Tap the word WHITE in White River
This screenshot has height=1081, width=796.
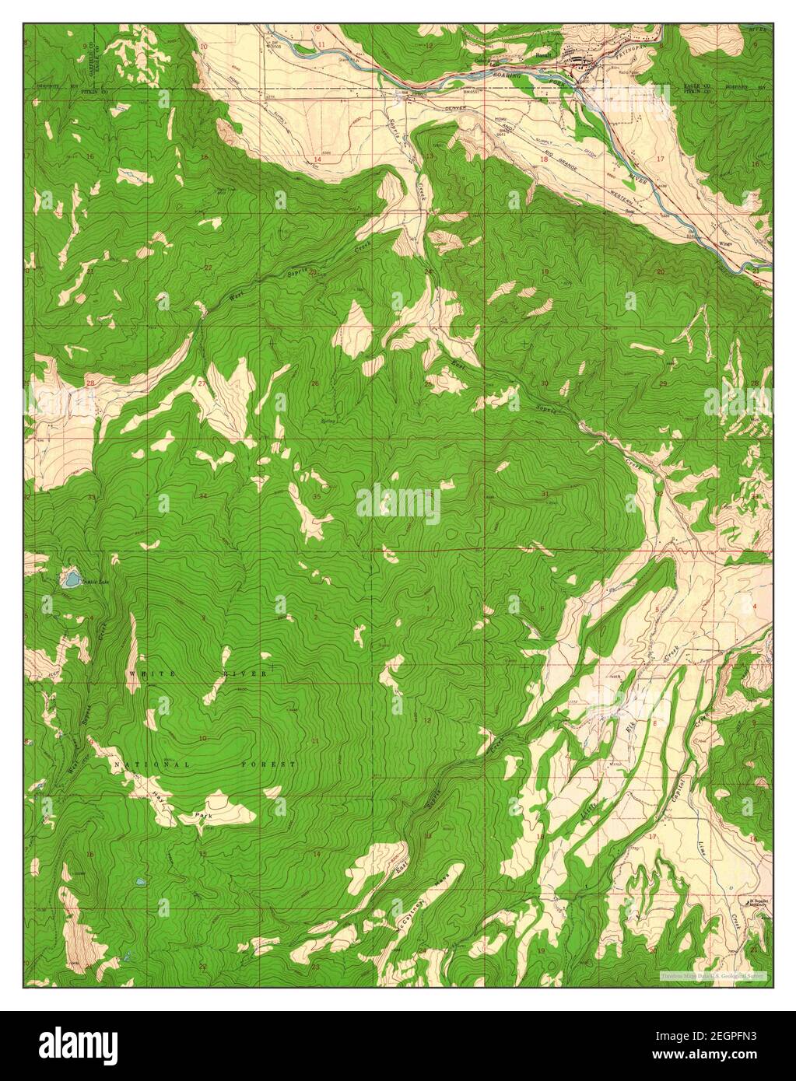[146, 673]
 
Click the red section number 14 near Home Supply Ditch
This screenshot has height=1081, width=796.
[317, 159]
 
